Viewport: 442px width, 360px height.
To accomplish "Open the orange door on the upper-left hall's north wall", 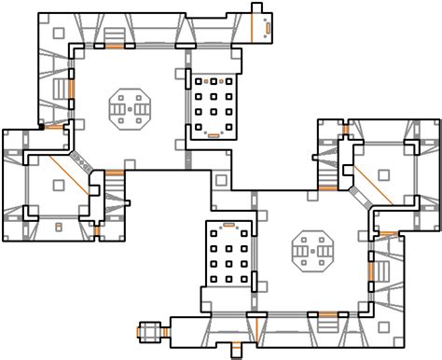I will click(x=115, y=45).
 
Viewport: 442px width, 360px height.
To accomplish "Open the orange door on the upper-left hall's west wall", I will click(x=68, y=90).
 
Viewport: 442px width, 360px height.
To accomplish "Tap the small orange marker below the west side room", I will click(x=57, y=227).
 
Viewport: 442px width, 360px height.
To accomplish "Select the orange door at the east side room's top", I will click(x=347, y=125).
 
